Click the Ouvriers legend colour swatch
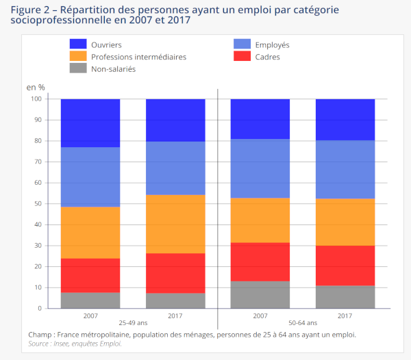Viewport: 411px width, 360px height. [x=78, y=44]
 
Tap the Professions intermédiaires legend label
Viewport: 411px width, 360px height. [x=138, y=57]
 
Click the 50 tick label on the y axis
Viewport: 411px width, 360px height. [x=39, y=204]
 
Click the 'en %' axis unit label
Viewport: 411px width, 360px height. [x=36, y=87]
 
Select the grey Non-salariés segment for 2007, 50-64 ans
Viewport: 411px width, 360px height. [x=260, y=295]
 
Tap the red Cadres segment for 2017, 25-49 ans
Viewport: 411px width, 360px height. [x=175, y=273]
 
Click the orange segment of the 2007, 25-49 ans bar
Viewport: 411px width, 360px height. [x=90, y=233]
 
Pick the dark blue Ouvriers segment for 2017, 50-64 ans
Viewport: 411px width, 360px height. [x=345, y=120]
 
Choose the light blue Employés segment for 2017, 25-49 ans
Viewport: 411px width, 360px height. [x=175, y=168]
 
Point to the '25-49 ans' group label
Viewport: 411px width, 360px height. [x=132, y=322]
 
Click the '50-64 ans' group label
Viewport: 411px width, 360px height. [x=302, y=322]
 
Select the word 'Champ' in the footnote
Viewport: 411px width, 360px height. [x=42, y=334]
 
